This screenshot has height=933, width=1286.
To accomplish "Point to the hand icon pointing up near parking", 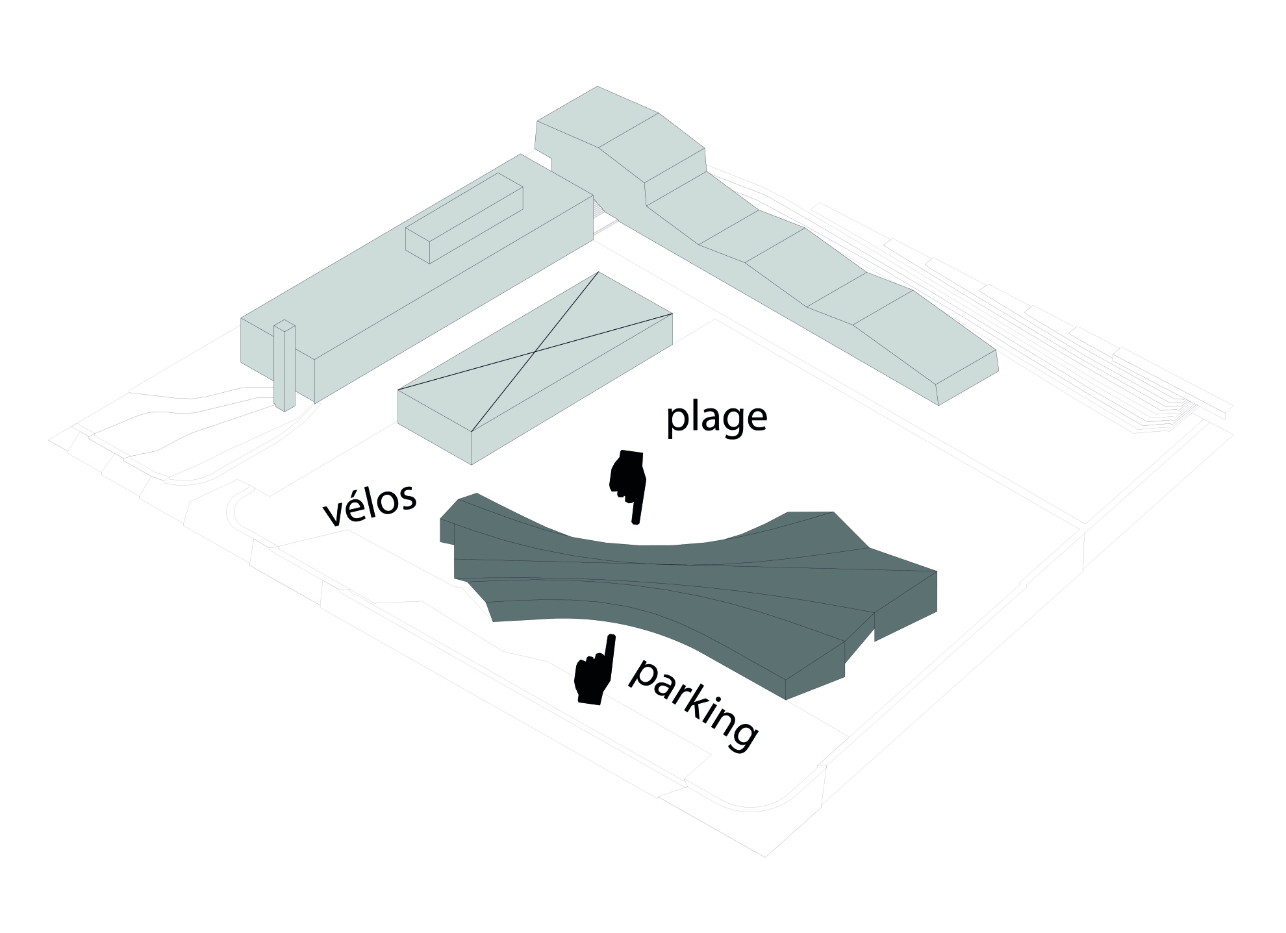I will (593, 672).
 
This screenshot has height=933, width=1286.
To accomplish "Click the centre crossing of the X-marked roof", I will (535, 351).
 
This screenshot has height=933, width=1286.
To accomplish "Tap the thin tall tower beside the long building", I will (284, 366).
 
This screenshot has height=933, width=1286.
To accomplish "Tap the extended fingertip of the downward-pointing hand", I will (637, 519).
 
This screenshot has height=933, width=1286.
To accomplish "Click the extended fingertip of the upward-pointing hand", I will (611, 639).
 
